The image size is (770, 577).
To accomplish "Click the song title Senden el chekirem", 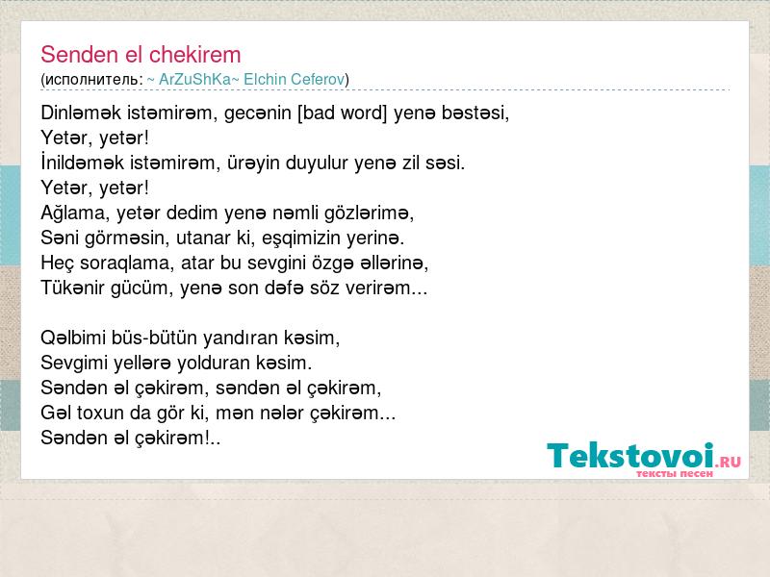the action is point(141,55).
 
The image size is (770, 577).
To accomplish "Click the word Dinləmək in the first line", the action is point(81,113).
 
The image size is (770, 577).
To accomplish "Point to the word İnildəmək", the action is point(83,163).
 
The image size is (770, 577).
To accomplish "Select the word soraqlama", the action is point(127,263).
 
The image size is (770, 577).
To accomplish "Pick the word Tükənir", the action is point(73,288).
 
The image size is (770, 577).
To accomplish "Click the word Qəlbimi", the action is point(73,339).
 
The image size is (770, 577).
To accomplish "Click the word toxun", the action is point(101,414).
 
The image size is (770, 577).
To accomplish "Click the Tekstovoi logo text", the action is point(630,456).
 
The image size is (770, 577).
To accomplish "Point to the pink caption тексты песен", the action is point(675,474).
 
